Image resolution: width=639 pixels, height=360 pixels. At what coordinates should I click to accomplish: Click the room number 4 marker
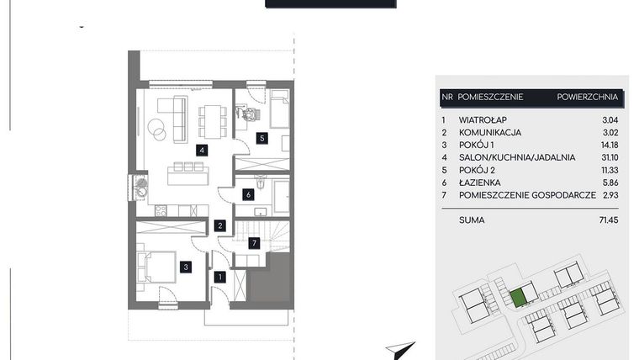[201, 151]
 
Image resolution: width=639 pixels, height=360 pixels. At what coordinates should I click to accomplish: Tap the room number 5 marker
[261, 138]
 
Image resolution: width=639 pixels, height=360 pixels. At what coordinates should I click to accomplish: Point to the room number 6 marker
[248, 195]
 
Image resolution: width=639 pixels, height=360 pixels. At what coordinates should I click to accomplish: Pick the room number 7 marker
[256, 243]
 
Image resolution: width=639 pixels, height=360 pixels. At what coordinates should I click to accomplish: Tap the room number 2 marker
[219, 225]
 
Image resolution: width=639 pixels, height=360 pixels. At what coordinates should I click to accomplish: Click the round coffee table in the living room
[157, 129]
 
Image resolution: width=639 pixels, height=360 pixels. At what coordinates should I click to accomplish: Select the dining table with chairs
[210, 119]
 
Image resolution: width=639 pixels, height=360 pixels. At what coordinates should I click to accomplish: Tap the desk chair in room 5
[246, 112]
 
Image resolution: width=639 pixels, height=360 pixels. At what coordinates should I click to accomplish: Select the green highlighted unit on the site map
[520, 296]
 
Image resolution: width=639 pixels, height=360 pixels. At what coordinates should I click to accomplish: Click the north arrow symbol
[401, 348]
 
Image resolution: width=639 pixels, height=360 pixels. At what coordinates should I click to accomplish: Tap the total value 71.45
[607, 220]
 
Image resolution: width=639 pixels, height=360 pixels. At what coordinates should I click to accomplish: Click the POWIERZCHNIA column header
[588, 98]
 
